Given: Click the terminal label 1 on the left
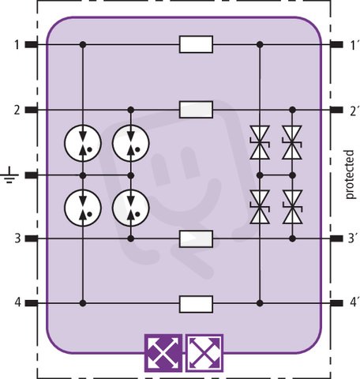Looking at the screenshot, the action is point(17,44).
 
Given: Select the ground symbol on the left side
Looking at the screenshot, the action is point(9,174).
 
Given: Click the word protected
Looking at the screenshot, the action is point(350,174).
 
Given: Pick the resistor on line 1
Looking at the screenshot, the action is point(196,44).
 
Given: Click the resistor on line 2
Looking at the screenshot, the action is point(196,110).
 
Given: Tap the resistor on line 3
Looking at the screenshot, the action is point(196,238).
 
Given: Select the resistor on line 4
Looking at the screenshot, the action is point(196,304).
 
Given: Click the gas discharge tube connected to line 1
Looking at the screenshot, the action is point(83,143).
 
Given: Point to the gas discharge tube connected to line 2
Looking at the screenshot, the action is point(131,143).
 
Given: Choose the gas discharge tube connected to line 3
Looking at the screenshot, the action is point(131,208).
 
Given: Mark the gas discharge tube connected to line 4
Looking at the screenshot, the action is point(83,208).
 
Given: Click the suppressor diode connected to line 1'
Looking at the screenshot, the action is point(260,142).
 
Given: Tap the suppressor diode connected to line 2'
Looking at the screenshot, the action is point(292,142).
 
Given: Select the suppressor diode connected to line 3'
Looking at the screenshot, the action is point(292,207).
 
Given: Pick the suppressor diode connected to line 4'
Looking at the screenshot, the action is point(260,207).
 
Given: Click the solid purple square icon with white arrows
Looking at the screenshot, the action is point(163,353).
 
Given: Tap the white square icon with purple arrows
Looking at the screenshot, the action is point(204,353).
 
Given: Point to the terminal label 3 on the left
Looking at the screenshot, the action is point(17,238).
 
